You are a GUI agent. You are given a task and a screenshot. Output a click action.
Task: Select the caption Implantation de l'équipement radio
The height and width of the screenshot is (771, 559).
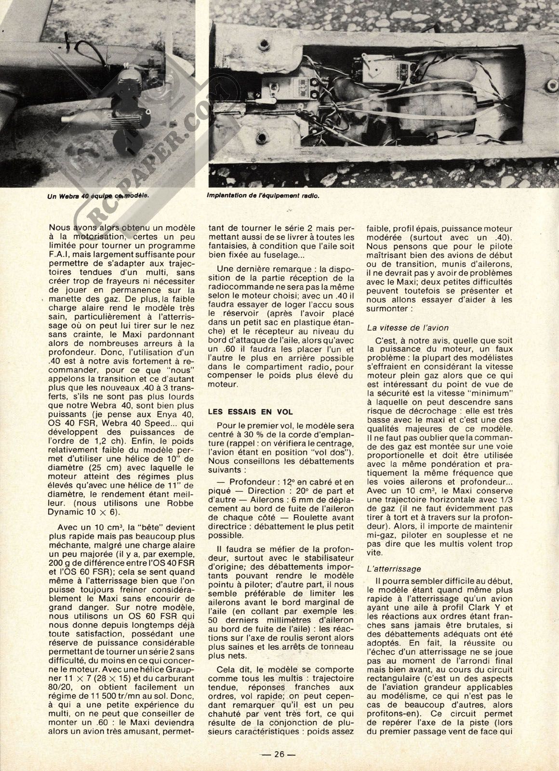(263, 196)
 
